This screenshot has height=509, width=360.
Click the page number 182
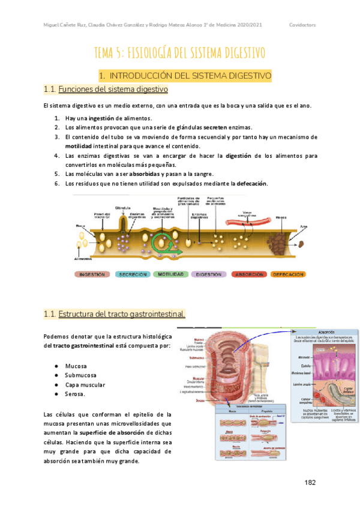pos(310,482)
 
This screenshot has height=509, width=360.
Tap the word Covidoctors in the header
pos(302,25)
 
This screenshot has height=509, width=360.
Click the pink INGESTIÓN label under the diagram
pos(93,274)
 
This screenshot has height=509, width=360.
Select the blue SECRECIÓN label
pos(133,274)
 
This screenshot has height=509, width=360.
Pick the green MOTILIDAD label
pos(172,274)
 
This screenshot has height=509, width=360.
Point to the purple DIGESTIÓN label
pos(209,274)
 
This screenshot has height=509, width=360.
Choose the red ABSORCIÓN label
pos(248,274)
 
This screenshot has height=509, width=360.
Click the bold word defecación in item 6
pos(253,183)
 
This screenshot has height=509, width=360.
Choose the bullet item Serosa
pos(76,394)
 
